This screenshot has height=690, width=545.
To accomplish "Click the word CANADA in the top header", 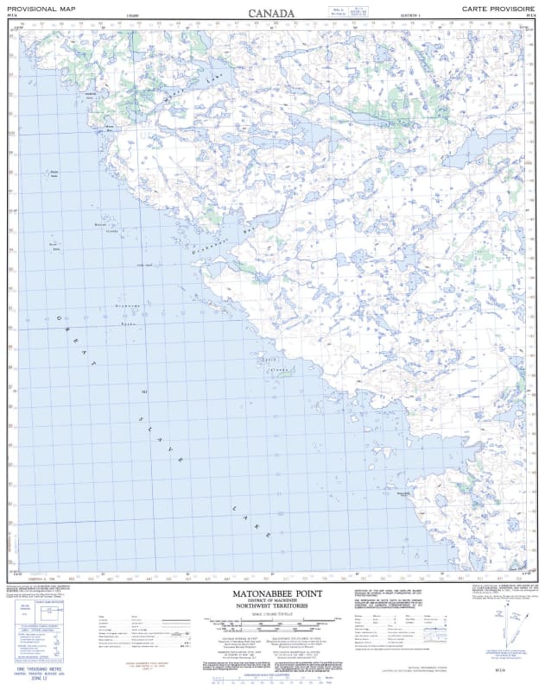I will (x=271, y=13).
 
